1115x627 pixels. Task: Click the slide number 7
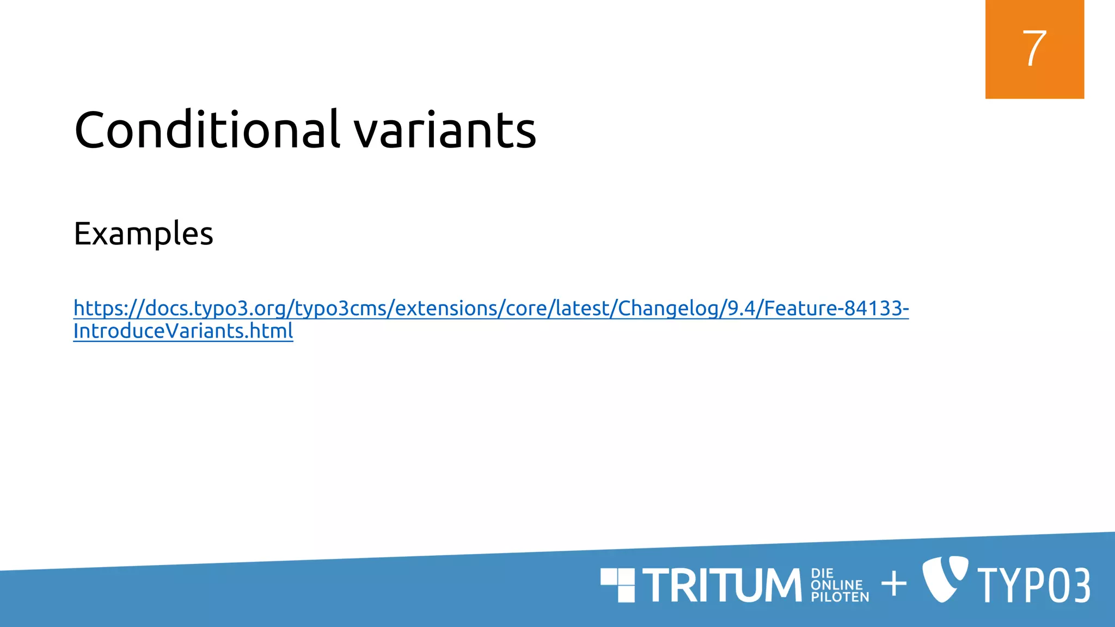tap(1034, 48)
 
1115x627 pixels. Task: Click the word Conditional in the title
tap(207, 130)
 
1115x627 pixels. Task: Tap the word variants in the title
tap(445, 131)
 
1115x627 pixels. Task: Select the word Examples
tap(143, 234)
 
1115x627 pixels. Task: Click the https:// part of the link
tap(106, 309)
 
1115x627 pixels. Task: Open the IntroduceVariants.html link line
tap(183, 331)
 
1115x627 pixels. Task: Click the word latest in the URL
tap(583, 309)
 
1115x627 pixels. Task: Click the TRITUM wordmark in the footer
tap(722, 585)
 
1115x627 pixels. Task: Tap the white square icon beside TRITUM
tap(618, 585)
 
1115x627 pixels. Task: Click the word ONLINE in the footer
tap(837, 585)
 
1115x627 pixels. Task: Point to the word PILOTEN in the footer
tap(840, 597)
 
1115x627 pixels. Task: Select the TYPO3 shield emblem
tap(945, 579)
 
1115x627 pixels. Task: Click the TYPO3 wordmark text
tap(1034, 585)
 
